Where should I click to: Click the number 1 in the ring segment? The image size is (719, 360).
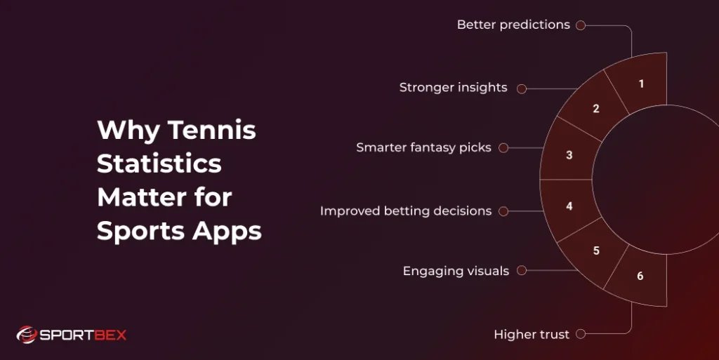[x=641, y=84]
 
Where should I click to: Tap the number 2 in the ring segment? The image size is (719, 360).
[x=596, y=109]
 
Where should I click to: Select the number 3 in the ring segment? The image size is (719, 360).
[x=569, y=155]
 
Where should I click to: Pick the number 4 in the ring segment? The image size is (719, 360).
[x=569, y=206]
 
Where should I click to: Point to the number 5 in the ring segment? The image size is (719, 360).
[x=596, y=251]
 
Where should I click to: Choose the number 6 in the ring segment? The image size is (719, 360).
[x=640, y=276]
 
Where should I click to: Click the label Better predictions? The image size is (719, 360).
[x=513, y=25]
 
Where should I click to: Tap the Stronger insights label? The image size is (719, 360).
[x=454, y=88]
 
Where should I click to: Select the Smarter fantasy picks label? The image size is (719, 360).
[x=423, y=147]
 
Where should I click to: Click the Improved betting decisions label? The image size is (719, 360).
[x=406, y=211]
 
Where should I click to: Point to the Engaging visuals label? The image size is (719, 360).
[x=456, y=271]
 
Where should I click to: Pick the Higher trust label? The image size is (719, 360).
[x=532, y=334]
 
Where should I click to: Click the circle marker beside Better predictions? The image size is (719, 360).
[x=581, y=25]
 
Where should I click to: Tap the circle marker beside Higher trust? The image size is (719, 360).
[x=581, y=335]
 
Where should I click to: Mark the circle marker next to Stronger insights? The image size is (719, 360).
[x=522, y=88]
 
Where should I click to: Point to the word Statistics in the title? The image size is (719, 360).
[x=159, y=164]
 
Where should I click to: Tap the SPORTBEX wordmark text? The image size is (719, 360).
[x=83, y=335]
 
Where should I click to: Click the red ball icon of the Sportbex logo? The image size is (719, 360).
[x=26, y=335]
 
